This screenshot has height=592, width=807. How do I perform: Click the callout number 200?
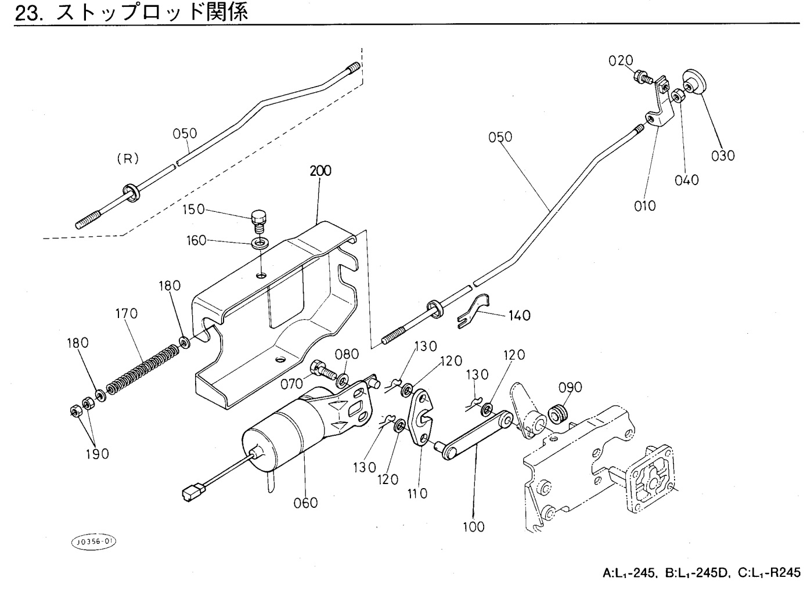320,171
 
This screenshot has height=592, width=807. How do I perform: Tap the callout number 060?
305,503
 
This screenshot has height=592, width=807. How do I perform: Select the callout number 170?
126,314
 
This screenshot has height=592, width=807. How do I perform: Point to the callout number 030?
723,156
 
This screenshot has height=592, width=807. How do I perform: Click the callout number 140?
519,316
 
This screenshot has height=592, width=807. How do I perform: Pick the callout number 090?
570,387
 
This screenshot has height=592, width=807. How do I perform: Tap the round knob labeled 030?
693,83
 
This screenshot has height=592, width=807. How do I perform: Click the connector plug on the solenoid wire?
191,492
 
